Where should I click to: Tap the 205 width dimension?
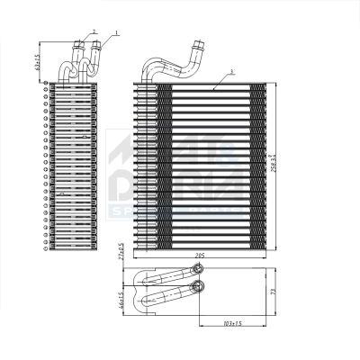(x=201, y=257)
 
